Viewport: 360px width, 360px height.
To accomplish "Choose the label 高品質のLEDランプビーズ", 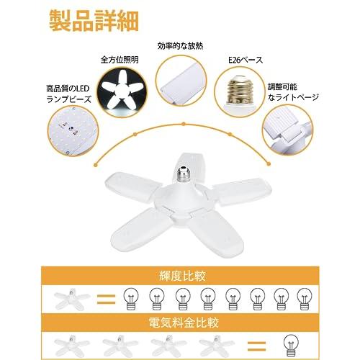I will tap(66, 92).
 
